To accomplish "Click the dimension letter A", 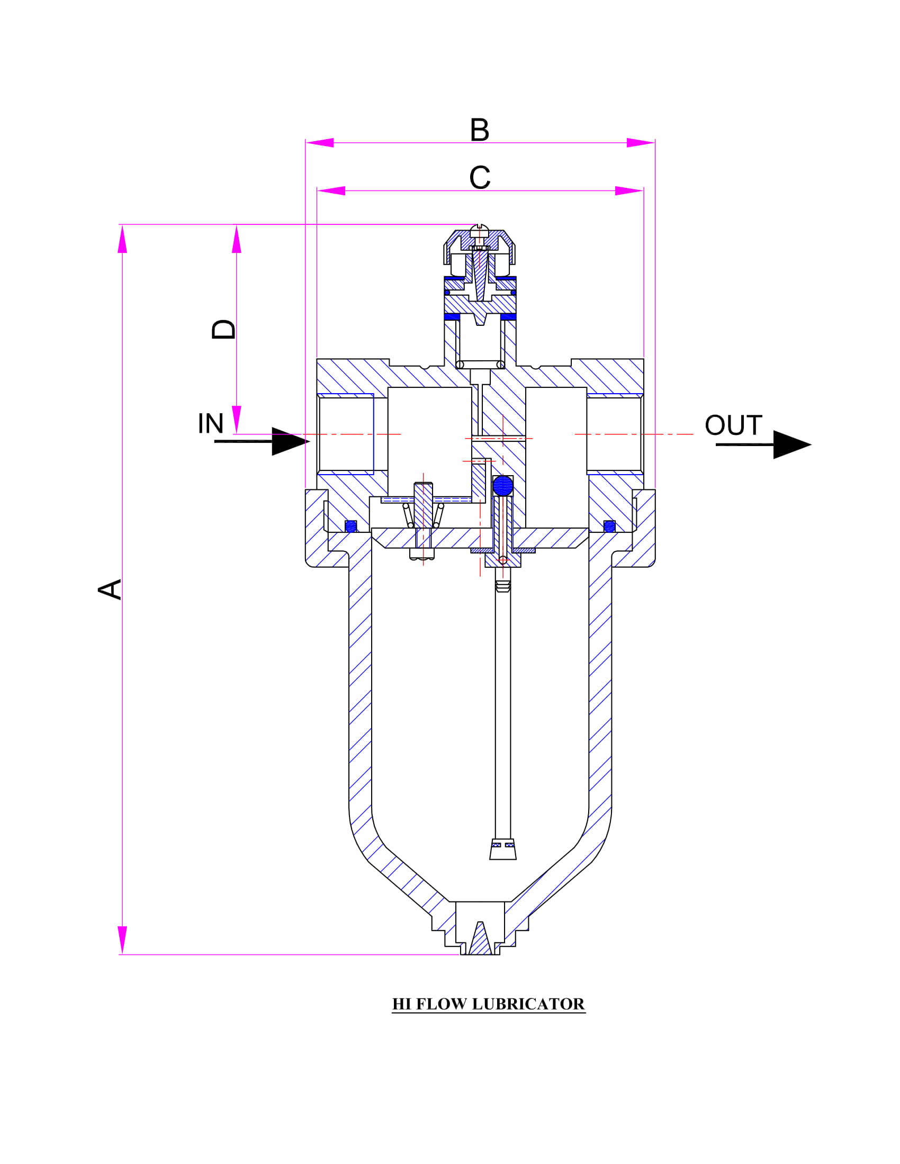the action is pyautogui.click(x=110, y=589).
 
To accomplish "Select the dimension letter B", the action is pyautogui.click(x=479, y=130).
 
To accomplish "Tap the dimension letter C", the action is pyautogui.click(x=480, y=177).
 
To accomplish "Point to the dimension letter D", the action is pyautogui.click(x=223, y=330).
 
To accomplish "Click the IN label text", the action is pyautogui.click(x=211, y=423).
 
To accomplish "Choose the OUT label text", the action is pyautogui.click(x=734, y=425).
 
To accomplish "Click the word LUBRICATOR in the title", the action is pyautogui.click(x=528, y=1004).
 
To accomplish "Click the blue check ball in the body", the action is pyautogui.click(x=503, y=486).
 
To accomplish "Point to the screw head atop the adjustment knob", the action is pyautogui.click(x=479, y=230).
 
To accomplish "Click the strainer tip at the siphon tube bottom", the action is pyautogui.click(x=503, y=849).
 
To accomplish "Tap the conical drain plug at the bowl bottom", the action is pyautogui.click(x=480, y=938).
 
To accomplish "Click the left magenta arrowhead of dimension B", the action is pyautogui.click(x=319, y=143).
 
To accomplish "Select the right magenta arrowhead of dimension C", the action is pyautogui.click(x=629, y=191).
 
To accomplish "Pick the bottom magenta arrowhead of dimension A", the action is pyautogui.click(x=123, y=940).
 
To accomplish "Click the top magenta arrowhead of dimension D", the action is pyautogui.click(x=237, y=239).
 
